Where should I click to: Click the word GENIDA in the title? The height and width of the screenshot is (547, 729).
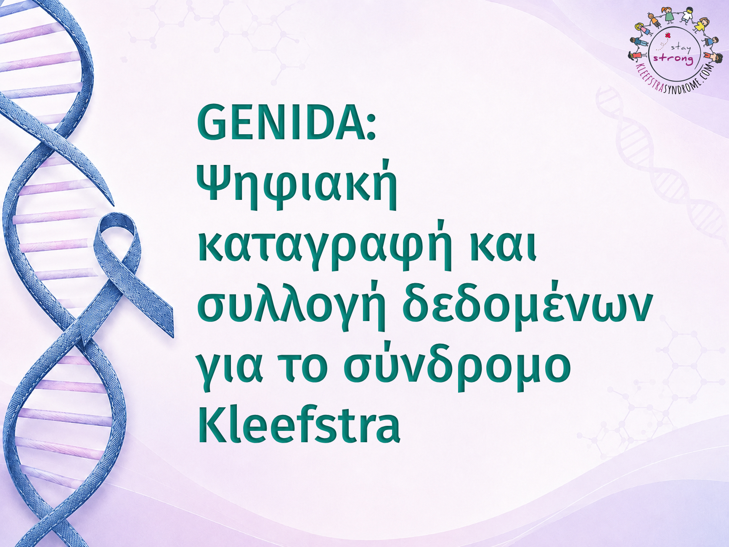click(x=281, y=122)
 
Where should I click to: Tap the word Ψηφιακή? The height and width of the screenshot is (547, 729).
click(x=297, y=185)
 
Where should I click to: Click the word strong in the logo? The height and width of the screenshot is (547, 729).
click(x=673, y=59)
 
